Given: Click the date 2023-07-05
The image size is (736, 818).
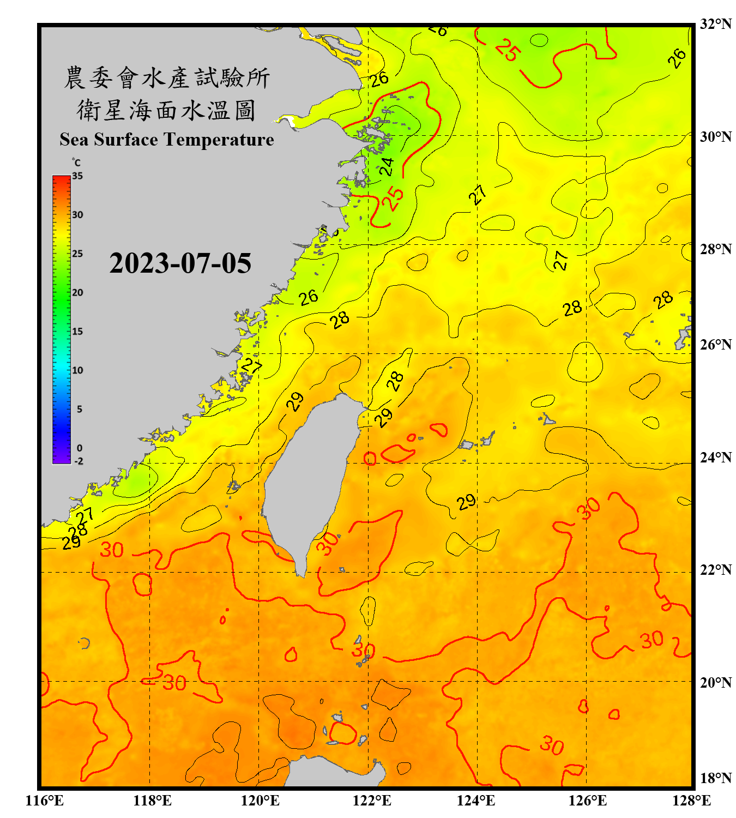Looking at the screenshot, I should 180,263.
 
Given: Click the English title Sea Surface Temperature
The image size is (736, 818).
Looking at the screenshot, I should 166,140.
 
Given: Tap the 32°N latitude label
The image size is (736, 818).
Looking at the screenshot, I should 715,24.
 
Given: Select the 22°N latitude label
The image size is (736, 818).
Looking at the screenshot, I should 715,570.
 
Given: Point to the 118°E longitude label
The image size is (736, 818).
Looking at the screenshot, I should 152,801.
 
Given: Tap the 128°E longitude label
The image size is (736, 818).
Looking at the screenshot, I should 691,801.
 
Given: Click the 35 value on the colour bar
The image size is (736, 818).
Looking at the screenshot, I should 77,176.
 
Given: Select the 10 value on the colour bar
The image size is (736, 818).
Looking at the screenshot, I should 77,370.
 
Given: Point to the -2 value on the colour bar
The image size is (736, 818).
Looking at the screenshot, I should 79,461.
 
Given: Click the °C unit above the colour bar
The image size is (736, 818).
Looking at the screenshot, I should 76,163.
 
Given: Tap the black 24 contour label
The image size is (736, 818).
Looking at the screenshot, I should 386,166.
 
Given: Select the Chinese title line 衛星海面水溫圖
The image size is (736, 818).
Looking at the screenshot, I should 166,110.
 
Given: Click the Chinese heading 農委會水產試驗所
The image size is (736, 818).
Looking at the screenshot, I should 166,78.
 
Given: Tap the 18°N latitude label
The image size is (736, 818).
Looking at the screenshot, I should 715,778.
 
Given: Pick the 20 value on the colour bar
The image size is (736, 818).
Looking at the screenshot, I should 77,293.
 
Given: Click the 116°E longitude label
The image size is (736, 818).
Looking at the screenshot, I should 45,801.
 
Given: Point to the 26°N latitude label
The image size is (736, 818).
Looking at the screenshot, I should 715,345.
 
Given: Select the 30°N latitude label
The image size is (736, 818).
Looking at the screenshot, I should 715,137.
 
